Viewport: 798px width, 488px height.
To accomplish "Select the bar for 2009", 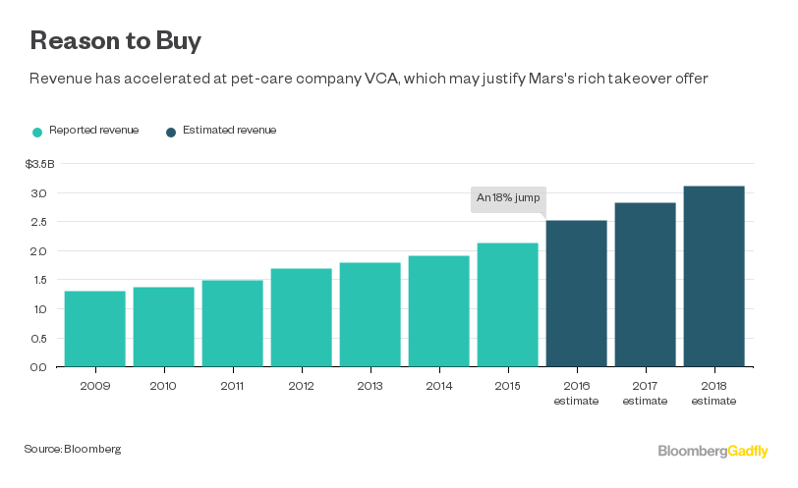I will pos(94,329).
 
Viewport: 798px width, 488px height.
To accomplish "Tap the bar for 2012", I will pos(301,317).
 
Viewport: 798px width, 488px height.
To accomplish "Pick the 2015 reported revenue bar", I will pos(508,304).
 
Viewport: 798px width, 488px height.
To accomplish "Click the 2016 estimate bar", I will pos(577,294).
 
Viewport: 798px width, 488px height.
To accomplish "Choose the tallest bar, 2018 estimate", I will pos(714,276).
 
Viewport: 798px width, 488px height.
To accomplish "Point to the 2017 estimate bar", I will pos(646,285).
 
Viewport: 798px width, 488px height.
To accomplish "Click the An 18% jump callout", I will pos(507,197).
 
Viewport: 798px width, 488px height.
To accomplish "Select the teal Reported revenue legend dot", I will pos(36,131).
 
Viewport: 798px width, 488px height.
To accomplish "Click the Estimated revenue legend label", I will pos(229,130).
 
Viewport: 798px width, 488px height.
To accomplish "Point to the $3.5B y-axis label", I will pos(40,164).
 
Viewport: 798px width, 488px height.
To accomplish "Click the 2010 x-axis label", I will pos(163,386).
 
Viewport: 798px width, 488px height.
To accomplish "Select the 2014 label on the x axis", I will pos(439,386).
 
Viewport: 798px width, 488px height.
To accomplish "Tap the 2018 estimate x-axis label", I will pos(714,393).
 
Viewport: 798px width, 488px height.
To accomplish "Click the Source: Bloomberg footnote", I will pos(73,449).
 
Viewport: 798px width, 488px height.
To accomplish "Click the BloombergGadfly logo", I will pos(713,451).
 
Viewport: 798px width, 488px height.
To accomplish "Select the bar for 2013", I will pos(370,314).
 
